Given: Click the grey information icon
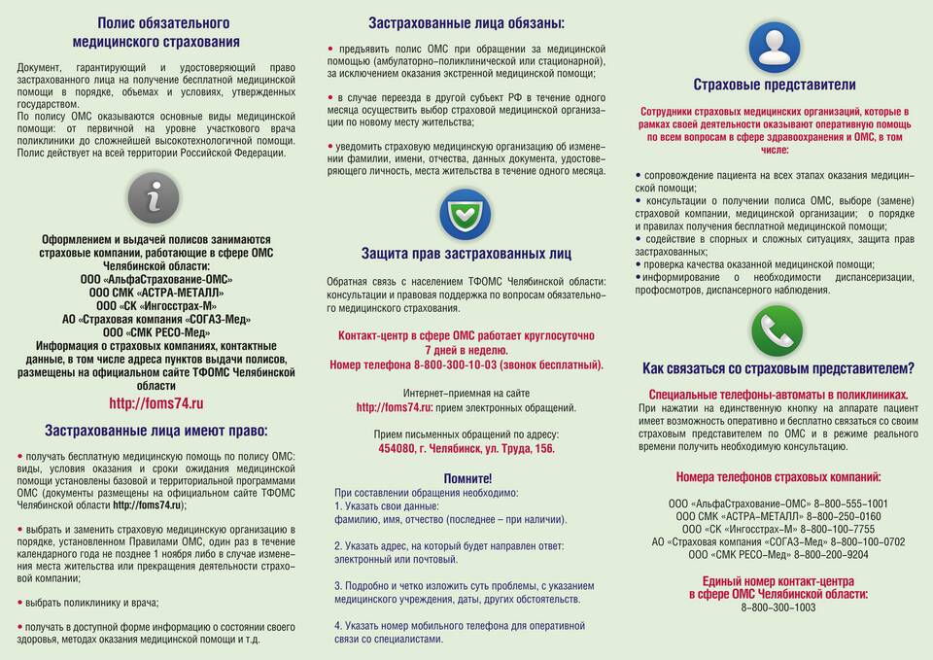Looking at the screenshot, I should [x=154, y=198].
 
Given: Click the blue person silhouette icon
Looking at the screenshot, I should [x=775, y=46].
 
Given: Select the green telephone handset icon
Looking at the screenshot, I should [x=777, y=331].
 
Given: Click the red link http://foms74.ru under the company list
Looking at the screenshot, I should [x=155, y=403].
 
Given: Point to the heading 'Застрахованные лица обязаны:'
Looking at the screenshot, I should [x=466, y=23].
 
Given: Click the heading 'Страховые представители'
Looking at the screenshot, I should [x=775, y=85].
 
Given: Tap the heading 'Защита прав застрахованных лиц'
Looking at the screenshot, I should [x=466, y=254].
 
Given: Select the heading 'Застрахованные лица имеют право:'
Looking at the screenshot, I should [x=155, y=431].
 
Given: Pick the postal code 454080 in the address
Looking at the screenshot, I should [x=397, y=449].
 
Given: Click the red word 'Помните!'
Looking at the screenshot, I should [x=467, y=478].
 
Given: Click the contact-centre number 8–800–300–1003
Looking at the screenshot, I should [x=778, y=608].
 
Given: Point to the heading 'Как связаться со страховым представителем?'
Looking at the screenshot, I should [x=777, y=368].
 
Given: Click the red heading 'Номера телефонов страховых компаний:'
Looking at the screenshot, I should [x=778, y=477].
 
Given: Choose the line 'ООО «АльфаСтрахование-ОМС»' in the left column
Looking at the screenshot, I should [x=156, y=279].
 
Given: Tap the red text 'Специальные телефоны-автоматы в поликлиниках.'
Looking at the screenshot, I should [x=777, y=395].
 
